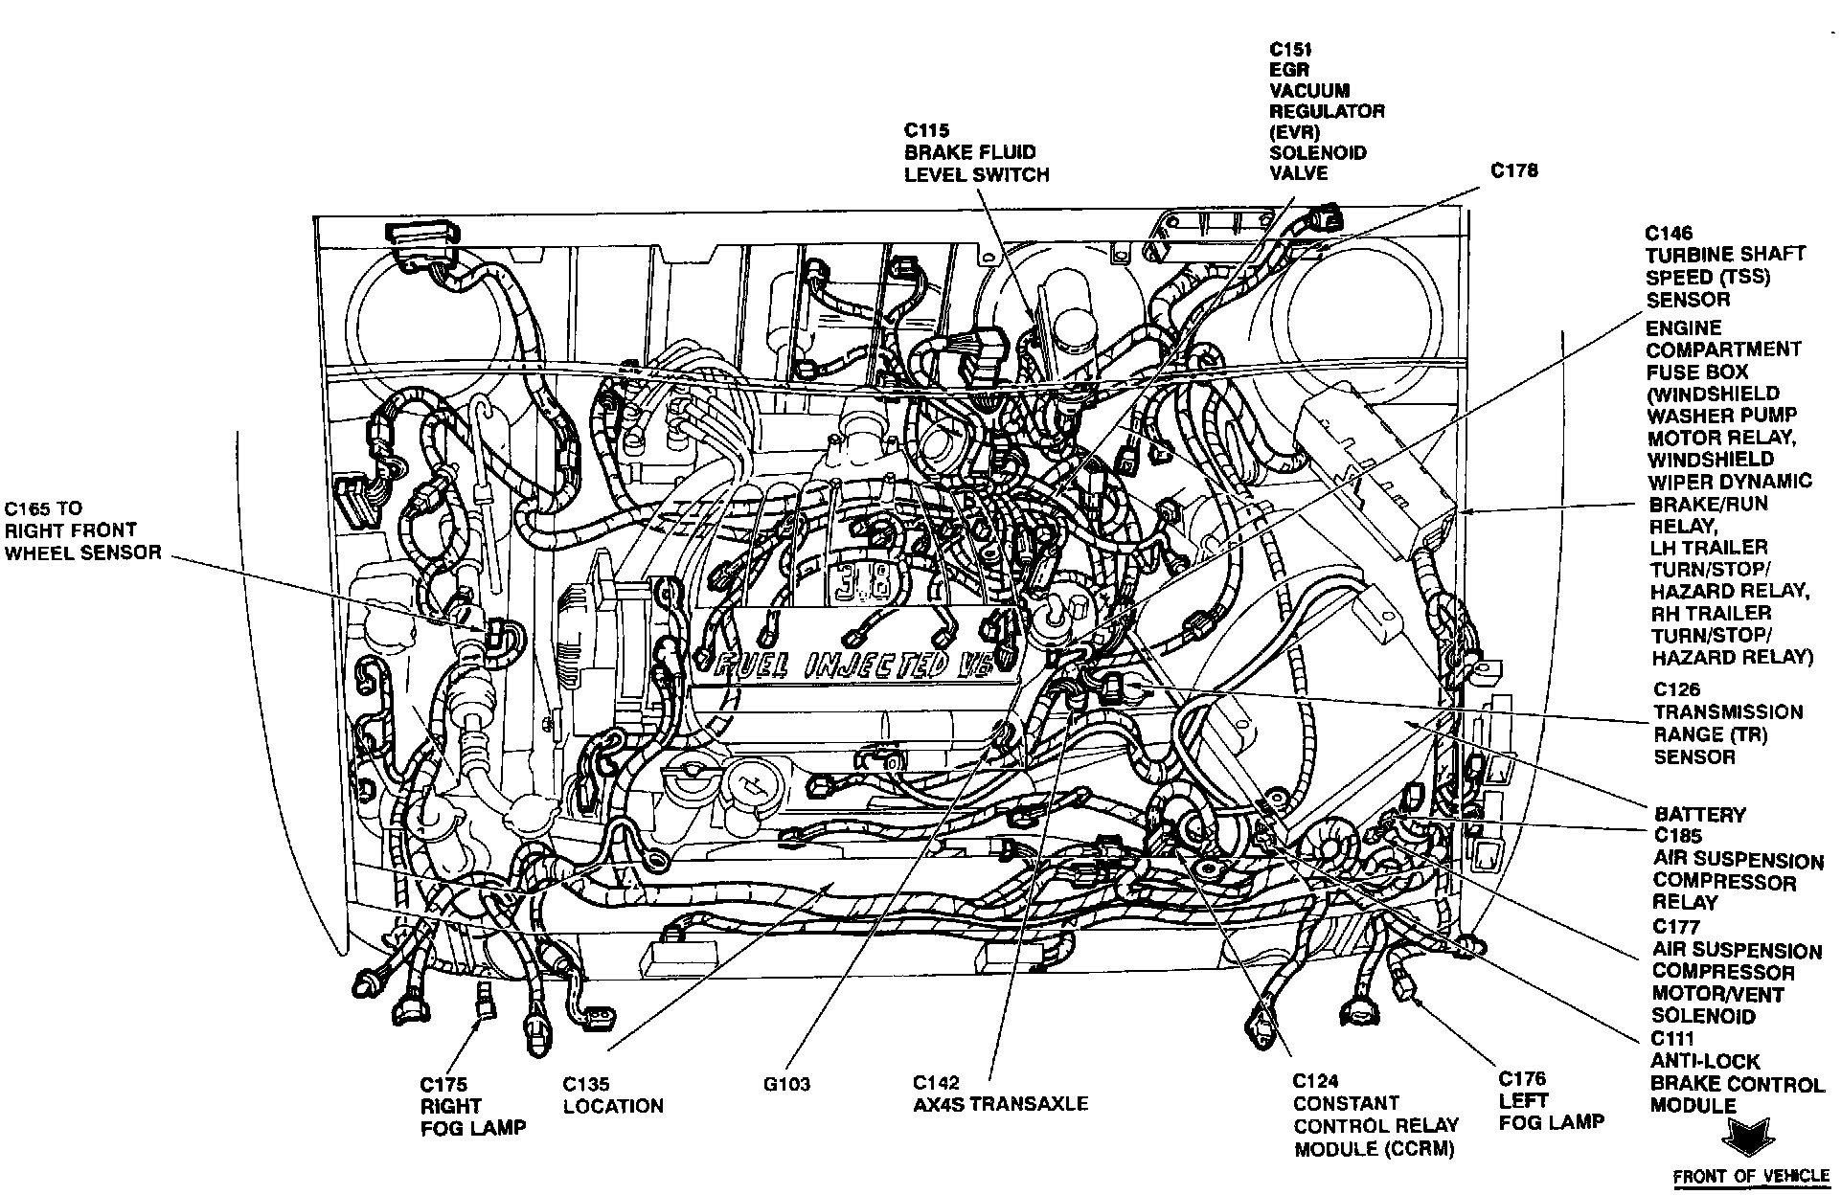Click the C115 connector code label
(x=928, y=131)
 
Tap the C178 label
(x=1515, y=170)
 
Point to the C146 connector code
(x=1670, y=233)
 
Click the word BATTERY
(x=1700, y=815)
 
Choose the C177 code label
(x=1677, y=927)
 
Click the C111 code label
(x=1672, y=1039)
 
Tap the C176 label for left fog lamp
(x=1523, y=1079)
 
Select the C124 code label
(x=1316, y=1081)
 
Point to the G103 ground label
(x=786, y=1084)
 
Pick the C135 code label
(x=586, y=1084)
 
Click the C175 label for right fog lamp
(x=443, y=1084)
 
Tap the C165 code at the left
(x=29, y=508)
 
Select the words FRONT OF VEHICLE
(x=1750, y=1177)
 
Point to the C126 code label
(x=1677, y=689)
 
